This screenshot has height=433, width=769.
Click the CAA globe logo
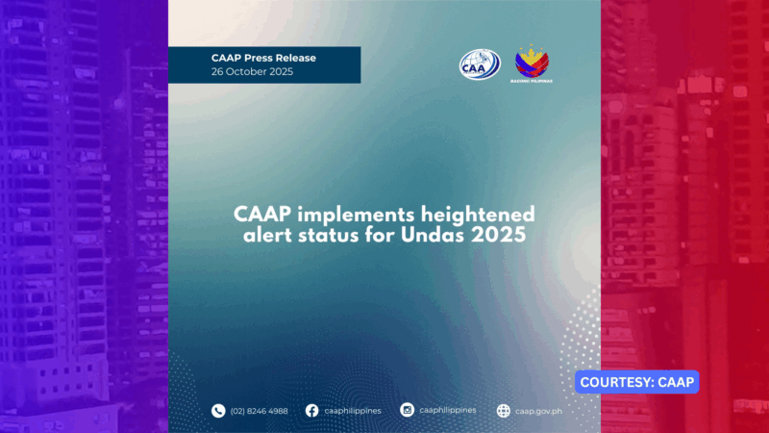tap(480, 64)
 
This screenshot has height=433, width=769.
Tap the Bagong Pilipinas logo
tap(532, 63)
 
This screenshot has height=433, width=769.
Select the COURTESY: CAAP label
tap(637, 382)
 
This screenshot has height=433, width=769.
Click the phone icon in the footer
tap(218, 411)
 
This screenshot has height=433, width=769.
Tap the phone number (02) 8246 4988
tap(259, 411)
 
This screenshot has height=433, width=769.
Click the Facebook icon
tap(311, 411)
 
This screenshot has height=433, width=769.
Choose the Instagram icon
tap(407, 411)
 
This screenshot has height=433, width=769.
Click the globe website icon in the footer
tap(503, 411)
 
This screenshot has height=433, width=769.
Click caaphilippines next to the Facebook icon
tap(353, 411)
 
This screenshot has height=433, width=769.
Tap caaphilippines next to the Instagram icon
tap(448, 410)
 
